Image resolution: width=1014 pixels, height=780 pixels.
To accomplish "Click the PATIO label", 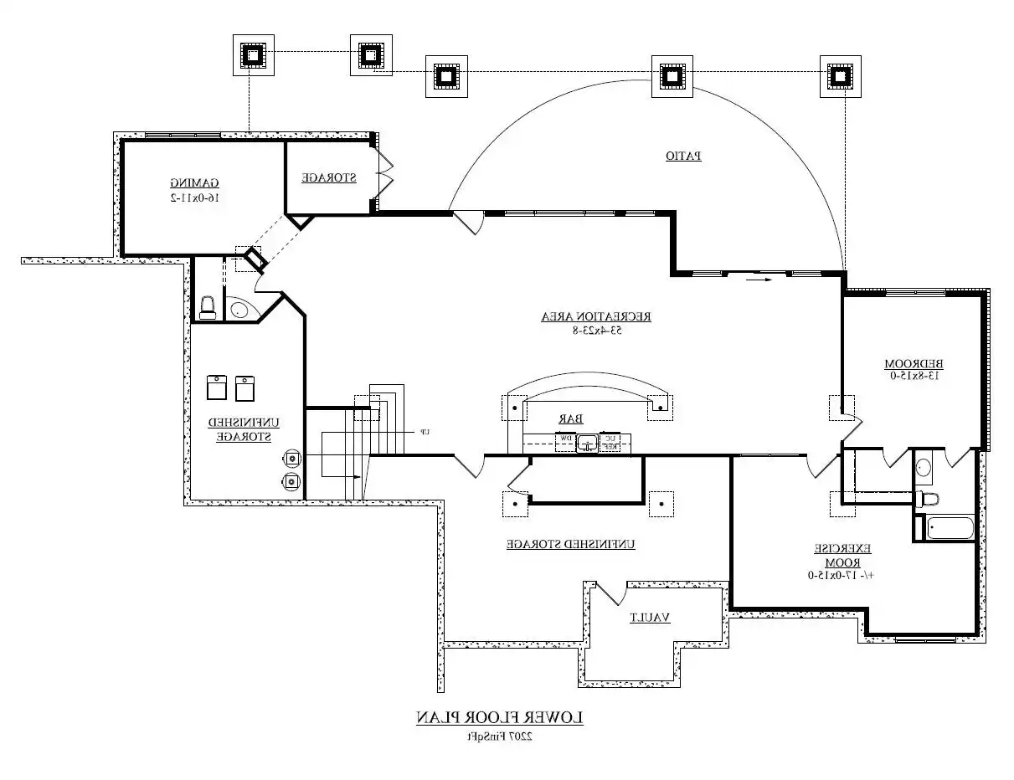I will pyautogui.click(x=683, y=156).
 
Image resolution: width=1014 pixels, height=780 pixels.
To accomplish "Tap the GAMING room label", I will pyautogui.click(x=195, y=182).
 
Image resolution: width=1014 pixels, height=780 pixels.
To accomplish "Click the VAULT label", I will pyautogui.click(x=650, y=618).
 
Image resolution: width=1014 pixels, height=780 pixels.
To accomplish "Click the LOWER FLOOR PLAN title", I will pyautogui.click(x=500, y=718).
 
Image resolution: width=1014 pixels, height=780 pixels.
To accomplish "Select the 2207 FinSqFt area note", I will pyautogui.click(x=500, y=737).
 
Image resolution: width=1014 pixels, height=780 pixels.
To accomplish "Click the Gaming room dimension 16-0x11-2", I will pyautogui.click(x=195, y=198).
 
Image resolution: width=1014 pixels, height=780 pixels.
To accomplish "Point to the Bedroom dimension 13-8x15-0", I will pyautogui.click(x=914, y=376).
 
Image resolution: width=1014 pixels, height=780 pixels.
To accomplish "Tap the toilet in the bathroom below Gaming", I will pyautogui.click(x=208, y=307).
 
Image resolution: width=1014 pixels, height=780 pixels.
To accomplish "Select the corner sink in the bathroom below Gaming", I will pyautogui.click(x=240, y=309).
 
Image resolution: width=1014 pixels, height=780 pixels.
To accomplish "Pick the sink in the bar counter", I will pyautogui.click(x=589, y=442).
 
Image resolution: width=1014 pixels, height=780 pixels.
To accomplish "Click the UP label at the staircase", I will pyautogui.click(x=425, y=432).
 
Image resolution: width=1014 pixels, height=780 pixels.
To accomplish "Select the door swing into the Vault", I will pyautogui.click(x=610, y=593).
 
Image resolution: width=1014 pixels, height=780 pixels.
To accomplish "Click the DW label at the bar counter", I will pyautogui.click(x=566, y=439).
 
